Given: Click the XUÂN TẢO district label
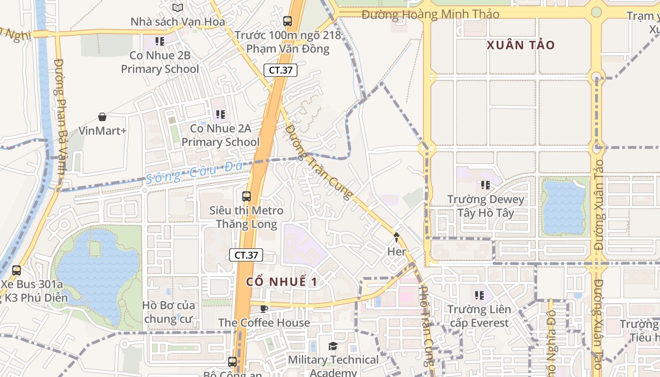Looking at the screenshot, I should click(x=520, y=45).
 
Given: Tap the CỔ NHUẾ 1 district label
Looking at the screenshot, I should click(x=281, y=282).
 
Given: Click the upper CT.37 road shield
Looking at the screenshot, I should click(x=280, y=71).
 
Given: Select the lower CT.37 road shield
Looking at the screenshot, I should click(x=246, y=255).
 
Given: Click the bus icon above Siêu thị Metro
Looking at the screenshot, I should click(x=247, y=196).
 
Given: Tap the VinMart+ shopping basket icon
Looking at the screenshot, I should click(x=102, y=117).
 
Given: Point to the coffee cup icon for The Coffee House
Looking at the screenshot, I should click(x=264, y=309).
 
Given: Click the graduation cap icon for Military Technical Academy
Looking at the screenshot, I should click(x=333, y=346).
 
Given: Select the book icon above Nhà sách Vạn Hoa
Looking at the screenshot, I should click(x=177, y=8).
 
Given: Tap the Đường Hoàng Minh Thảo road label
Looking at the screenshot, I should click(x=430, y=15).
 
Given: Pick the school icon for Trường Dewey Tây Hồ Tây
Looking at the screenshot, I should click(x=485, y=185).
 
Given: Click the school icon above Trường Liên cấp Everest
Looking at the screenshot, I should click(x=479, y=295).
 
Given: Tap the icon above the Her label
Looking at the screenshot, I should click(x=396, y=238).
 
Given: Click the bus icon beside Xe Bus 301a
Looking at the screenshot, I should click(x=16, y=270).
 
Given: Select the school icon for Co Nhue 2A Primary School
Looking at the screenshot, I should click(x=220, y=114).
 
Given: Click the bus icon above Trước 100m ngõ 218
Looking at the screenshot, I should click(x=288, y=21).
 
